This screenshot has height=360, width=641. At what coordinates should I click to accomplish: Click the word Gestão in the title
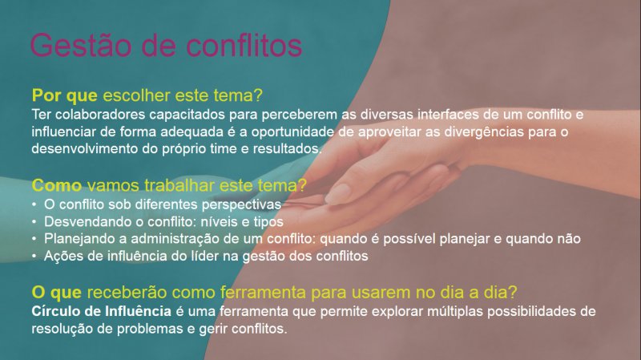(x=81, y=45)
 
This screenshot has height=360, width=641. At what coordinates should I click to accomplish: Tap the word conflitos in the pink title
(x=244, y=45)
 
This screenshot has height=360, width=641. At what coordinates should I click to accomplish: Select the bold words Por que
(x=65, y=95)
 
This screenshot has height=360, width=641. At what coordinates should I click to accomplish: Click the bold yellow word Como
(x=57, y=185)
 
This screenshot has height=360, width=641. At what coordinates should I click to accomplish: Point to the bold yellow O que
(x=56, y=293)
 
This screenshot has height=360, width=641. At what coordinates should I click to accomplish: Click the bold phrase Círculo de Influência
(x=102, y=311)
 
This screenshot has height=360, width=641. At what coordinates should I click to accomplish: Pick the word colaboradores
(x=100, y=114)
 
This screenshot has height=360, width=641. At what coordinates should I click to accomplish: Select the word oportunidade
(x=292, y=132)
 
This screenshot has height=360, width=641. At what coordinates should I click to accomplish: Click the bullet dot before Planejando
(x=34, y=239)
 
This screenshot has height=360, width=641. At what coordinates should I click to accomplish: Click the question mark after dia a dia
(x=513, y=292)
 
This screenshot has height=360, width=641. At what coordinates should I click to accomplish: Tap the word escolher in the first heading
(x=136, y=95)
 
